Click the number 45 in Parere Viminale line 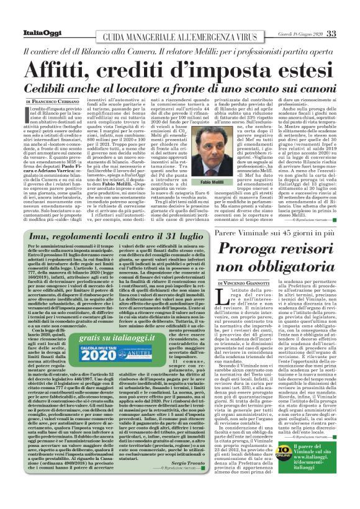[x=286, y=233]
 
